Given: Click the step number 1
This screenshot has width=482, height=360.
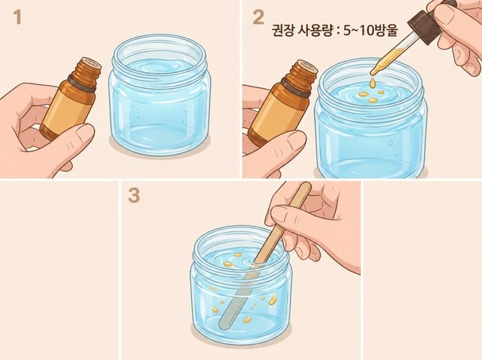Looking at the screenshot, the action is click(x=17, y=17).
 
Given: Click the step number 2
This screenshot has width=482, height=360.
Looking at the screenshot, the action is click(x=258, y=17).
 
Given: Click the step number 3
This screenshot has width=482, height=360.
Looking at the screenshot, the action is click(x=134, y=195).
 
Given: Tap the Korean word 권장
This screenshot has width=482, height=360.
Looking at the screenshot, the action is click(x=282, y=30).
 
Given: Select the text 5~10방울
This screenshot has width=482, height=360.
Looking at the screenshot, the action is click(x=371, y=30).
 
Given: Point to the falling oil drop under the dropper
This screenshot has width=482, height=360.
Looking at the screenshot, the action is click(x=373, y=82).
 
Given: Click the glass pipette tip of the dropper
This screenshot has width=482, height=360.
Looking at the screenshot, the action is click(x=374, y=72).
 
